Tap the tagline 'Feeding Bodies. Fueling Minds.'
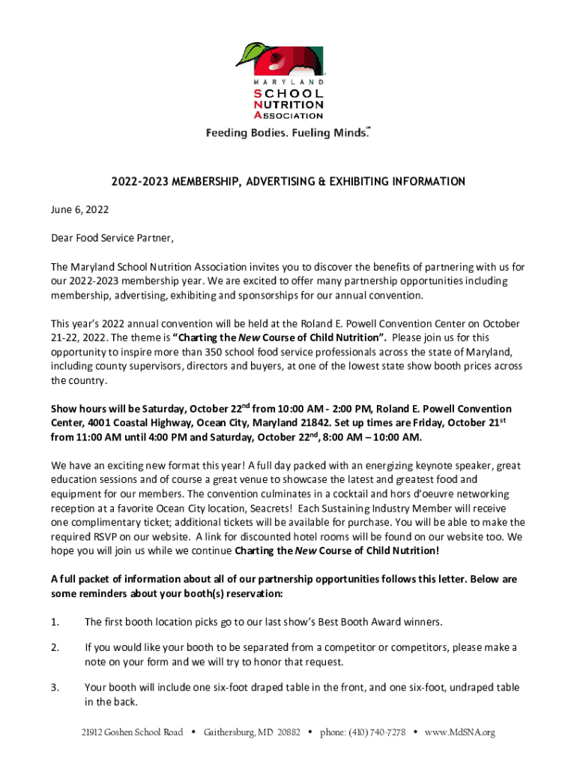point(288,133)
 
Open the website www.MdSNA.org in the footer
point(460,732)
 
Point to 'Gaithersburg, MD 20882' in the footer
point(252,732)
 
